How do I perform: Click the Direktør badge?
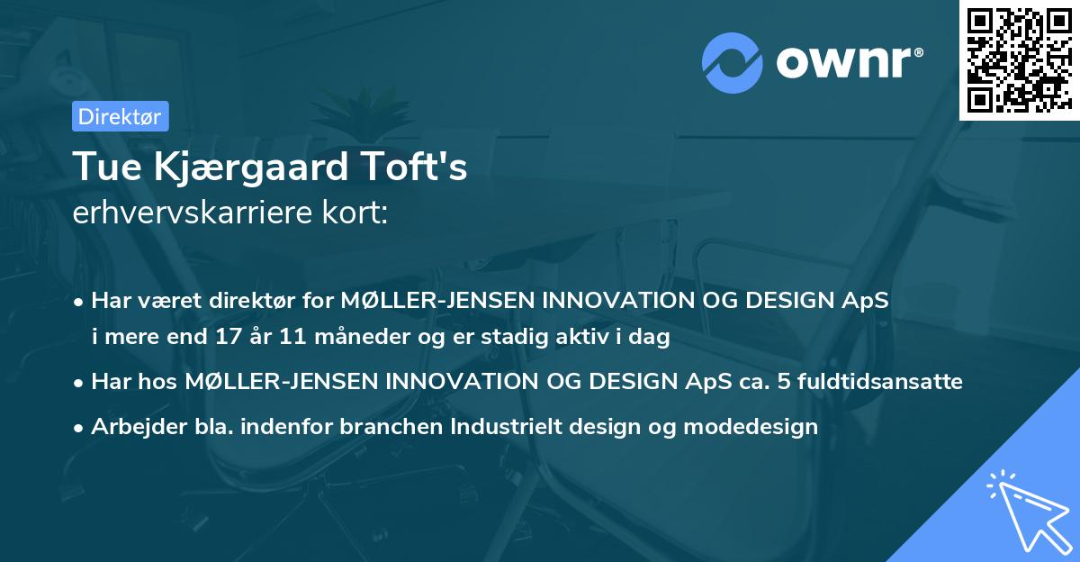[x=120, y=116]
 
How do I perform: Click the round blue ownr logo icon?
[x=733, y=63]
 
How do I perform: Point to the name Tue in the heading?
[x=101, y=168]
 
